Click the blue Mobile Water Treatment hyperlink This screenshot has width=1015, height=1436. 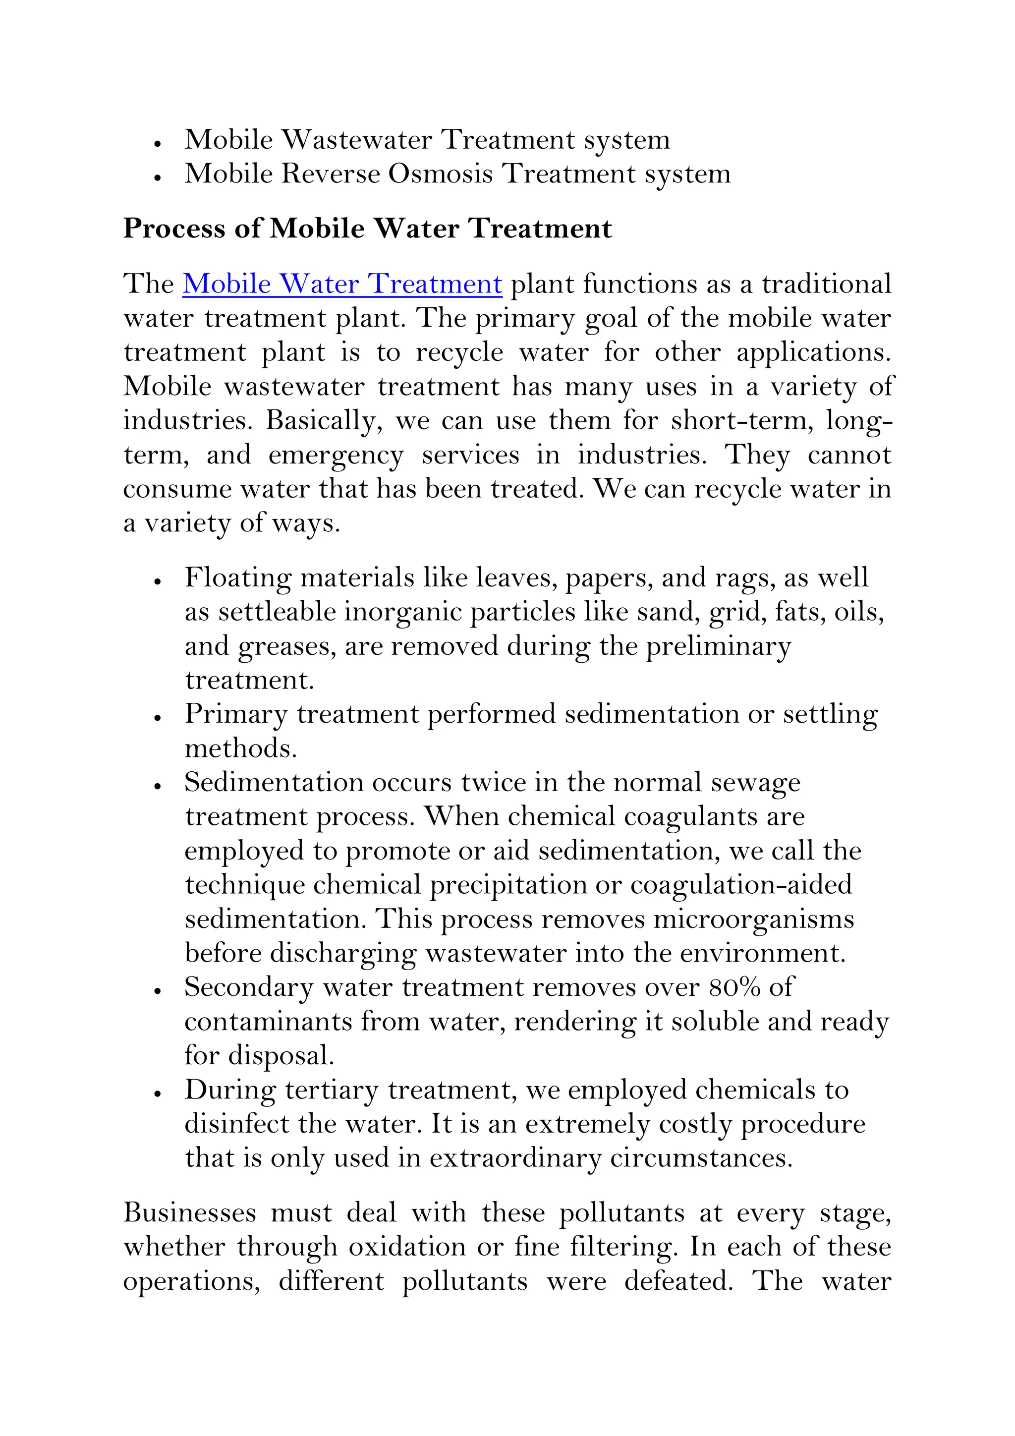coord(342,284)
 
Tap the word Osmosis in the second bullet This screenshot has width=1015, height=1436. coord(440,174)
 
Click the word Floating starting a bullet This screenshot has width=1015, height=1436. coord(238,578)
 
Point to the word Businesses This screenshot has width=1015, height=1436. coord(189,1213)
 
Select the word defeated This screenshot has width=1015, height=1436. coord(678,1281)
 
